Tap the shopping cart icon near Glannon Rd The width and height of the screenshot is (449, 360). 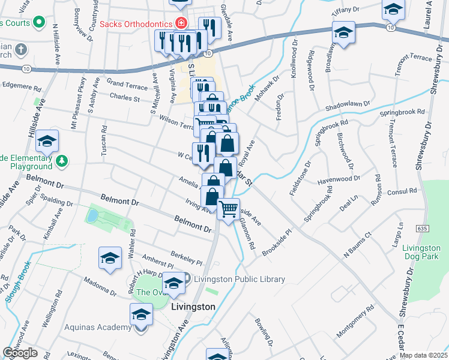[228, 209]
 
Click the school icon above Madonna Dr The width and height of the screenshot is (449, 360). [110, 258]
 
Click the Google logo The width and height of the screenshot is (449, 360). [20, 352]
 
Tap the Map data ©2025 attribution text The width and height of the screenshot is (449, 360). [423, 355]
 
